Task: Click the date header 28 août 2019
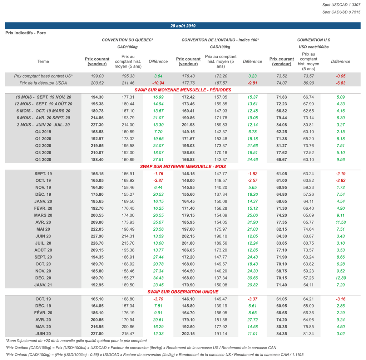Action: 183,26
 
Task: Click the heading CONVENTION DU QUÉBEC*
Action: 128,40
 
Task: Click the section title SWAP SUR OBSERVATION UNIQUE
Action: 183,292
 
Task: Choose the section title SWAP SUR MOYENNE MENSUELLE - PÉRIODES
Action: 183,90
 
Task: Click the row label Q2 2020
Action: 43,146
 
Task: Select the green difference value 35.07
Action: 158,222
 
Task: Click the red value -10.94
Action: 158,83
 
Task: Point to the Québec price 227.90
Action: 98,236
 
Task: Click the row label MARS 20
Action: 43,215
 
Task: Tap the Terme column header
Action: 43,61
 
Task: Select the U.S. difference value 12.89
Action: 341,278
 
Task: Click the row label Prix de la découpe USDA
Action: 43,83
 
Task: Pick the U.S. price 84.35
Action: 282,334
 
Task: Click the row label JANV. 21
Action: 43,285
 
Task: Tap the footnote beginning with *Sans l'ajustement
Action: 76,341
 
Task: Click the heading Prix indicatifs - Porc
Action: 26,33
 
